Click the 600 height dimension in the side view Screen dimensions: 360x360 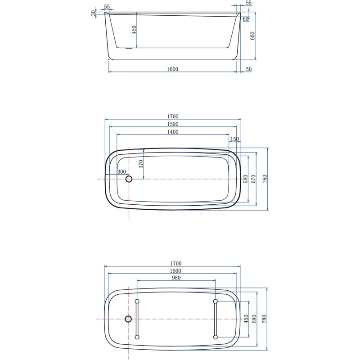(253, 36)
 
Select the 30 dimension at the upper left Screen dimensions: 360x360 (93, 13)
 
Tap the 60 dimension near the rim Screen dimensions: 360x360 (246, 19)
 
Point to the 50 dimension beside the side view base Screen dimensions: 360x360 (249, 69)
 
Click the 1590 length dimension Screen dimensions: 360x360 (173, 124)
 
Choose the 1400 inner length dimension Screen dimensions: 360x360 (173, 132)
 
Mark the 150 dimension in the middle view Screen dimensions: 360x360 (234, 139)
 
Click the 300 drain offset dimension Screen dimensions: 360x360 (121, 172)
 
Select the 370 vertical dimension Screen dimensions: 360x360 (140, 164)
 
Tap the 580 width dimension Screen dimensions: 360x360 (245, 179)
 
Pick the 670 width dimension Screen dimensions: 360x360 (254, 179)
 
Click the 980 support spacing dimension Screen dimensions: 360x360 (176, 278)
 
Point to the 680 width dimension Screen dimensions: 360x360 (254, 319)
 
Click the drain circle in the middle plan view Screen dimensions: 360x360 (129, 179)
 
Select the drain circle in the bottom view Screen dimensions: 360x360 (129, 319)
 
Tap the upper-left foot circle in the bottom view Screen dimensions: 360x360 (137, 301)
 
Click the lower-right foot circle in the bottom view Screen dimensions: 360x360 (215, 337)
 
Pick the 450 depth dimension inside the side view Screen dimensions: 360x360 (134, 30)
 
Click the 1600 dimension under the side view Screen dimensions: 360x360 (173, 69)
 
